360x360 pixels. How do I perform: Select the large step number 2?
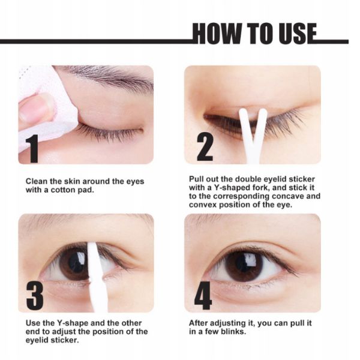click(x=205, y=147)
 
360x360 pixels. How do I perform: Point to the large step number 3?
click(x=35, y=296)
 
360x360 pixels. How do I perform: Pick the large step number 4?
click(x=203, y=296)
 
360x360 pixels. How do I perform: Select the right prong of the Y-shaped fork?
click(x=260, y=125)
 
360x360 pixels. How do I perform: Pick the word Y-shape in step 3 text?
click(x=72, y=323)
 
